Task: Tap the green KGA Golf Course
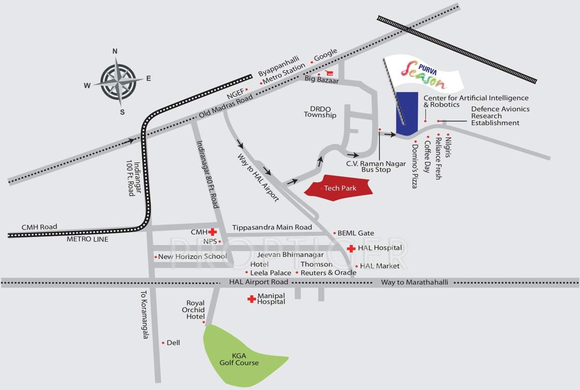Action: pos(238,355)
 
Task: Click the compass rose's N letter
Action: pos(115,51)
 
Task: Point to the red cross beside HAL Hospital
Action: pos(351,248)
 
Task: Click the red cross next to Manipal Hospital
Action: pos(251,299)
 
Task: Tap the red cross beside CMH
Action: pos(213,232)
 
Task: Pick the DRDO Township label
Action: pos(320,112)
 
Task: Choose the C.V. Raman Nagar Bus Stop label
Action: pos(369,167)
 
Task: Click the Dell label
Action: pos(173,343)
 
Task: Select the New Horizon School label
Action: pos(192,256)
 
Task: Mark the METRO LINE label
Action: pos(87,239)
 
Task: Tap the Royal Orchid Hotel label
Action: pos(195,309)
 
